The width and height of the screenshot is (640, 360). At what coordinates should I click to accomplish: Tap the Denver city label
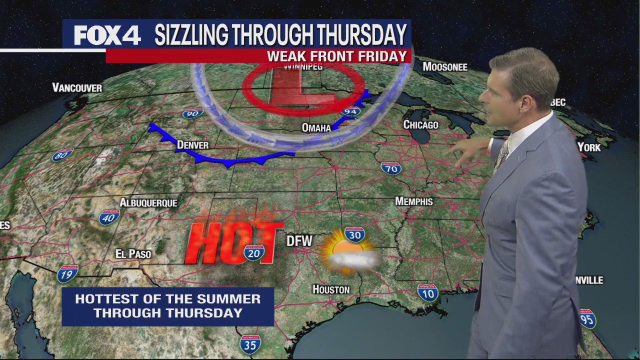tap(192, 145)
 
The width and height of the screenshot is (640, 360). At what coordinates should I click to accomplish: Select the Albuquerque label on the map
tap(148, 202)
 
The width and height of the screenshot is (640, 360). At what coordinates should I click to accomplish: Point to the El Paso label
tap(133, 254)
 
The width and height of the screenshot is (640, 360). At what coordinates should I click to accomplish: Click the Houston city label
tap(331, 289)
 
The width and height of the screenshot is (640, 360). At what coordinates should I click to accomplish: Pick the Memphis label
tap(413, 201)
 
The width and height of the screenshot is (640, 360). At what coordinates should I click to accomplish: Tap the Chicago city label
tap(420, 124)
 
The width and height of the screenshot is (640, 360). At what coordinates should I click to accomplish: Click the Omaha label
tap(316, 128)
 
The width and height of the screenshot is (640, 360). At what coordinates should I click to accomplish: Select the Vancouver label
tap(77, 88)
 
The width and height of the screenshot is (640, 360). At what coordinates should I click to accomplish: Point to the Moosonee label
tap(444, 67)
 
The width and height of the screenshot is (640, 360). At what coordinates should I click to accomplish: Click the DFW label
tap(299, 241)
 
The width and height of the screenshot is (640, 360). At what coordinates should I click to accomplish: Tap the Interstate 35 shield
tap(250, 344)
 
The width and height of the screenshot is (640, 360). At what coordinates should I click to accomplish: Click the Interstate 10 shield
tap(427, 293)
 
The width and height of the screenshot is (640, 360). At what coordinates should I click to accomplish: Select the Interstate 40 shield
tap(109, 217)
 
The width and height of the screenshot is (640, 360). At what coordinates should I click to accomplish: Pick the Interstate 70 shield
tap(391, 168)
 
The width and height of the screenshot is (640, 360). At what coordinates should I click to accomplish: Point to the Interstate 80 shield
tap(63, 155)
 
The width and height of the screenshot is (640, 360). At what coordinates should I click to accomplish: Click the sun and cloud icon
tap(349, 253)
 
